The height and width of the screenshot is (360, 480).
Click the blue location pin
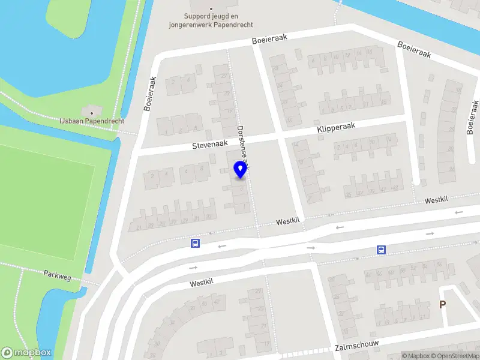click(241, 170)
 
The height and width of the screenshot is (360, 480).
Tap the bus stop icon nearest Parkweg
click(195, 243)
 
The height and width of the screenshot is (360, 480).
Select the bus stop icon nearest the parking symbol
click(380, 250)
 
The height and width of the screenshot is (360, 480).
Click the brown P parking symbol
click(443, 304)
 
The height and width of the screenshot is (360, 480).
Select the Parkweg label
click(58, 274)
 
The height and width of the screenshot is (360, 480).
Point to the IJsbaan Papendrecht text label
click(92, 121)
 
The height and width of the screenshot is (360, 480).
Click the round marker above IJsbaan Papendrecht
click(92, 112)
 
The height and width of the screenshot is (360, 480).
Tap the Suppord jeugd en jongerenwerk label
click(219, 20)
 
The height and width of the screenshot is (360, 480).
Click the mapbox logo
click(26, 353)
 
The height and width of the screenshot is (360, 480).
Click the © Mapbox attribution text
click(416, 356)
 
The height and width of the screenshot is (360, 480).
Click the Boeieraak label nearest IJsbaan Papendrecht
click(150, 94)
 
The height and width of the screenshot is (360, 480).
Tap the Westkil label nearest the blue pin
click(287, 221)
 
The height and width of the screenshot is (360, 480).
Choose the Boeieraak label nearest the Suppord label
click(269, 38)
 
